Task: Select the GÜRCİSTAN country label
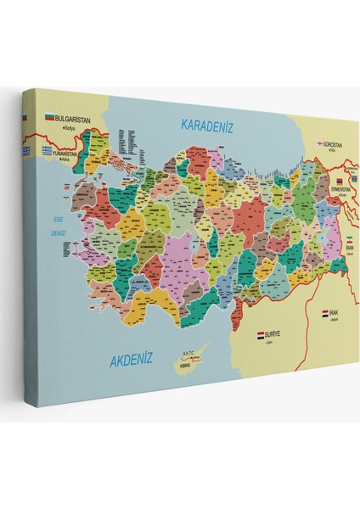coord(334,145)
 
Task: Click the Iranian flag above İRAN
coord(347,239)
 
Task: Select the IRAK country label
coord(335,313)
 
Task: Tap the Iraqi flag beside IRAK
coord(325,313)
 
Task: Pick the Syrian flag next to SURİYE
coord(261,337)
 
